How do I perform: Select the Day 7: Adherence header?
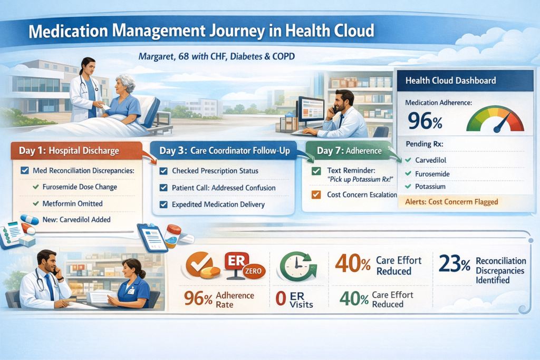pos(349,151)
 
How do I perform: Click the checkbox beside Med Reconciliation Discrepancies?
pos(25,170)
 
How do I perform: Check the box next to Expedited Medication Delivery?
pos(163,205)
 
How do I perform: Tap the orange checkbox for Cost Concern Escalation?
pos(316,194)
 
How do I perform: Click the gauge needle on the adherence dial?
pos(502,122)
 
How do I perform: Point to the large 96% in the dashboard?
pos(425,121)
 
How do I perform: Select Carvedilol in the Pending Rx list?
pos(430,160)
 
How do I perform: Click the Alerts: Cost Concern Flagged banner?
pos(451,202)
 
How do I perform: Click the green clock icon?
pos(297,266)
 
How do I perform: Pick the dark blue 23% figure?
pos(455,264)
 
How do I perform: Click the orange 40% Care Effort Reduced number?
pos(353,264)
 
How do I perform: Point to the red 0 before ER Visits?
pos(281,299)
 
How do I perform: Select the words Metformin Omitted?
pos(72,203)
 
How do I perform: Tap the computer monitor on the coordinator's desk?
pos(311,110)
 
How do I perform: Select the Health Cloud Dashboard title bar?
pos(465,81)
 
